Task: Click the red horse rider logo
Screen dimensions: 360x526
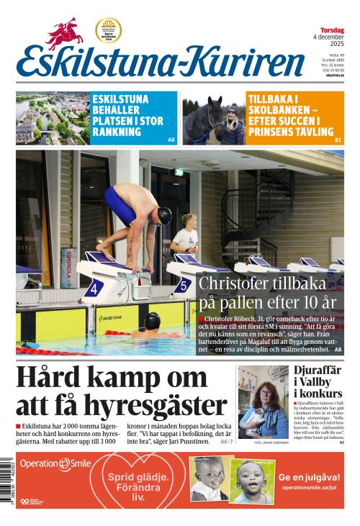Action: pos(66,33)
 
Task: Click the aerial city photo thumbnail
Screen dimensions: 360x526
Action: pos(53,118)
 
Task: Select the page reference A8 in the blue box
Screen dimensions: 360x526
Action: pos(171,139)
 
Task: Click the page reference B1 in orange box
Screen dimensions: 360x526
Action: pos(338,139)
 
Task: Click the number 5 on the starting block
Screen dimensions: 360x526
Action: pos(184,286)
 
